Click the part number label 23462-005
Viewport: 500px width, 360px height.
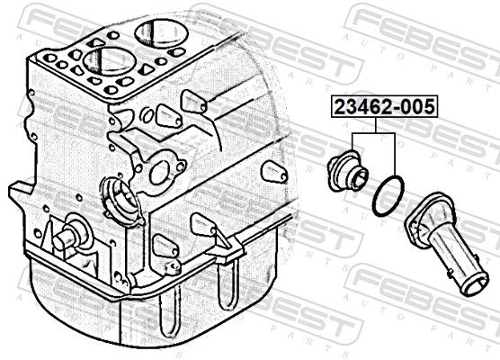(x=384, y=106)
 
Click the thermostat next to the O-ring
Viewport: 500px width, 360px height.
(x=348, y=171)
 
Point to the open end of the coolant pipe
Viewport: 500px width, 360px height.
(x=476, y=284)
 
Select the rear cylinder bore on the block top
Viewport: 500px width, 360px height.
(x=161, y=31)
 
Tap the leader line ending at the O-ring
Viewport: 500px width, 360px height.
(x=395, y=154)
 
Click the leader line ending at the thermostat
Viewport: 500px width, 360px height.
(x=353, y=141)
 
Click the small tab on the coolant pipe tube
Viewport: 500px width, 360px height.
(x=450, y=273)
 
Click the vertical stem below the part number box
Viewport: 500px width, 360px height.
(x=376, y=125)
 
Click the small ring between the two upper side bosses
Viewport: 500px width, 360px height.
(x=147, y=115)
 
